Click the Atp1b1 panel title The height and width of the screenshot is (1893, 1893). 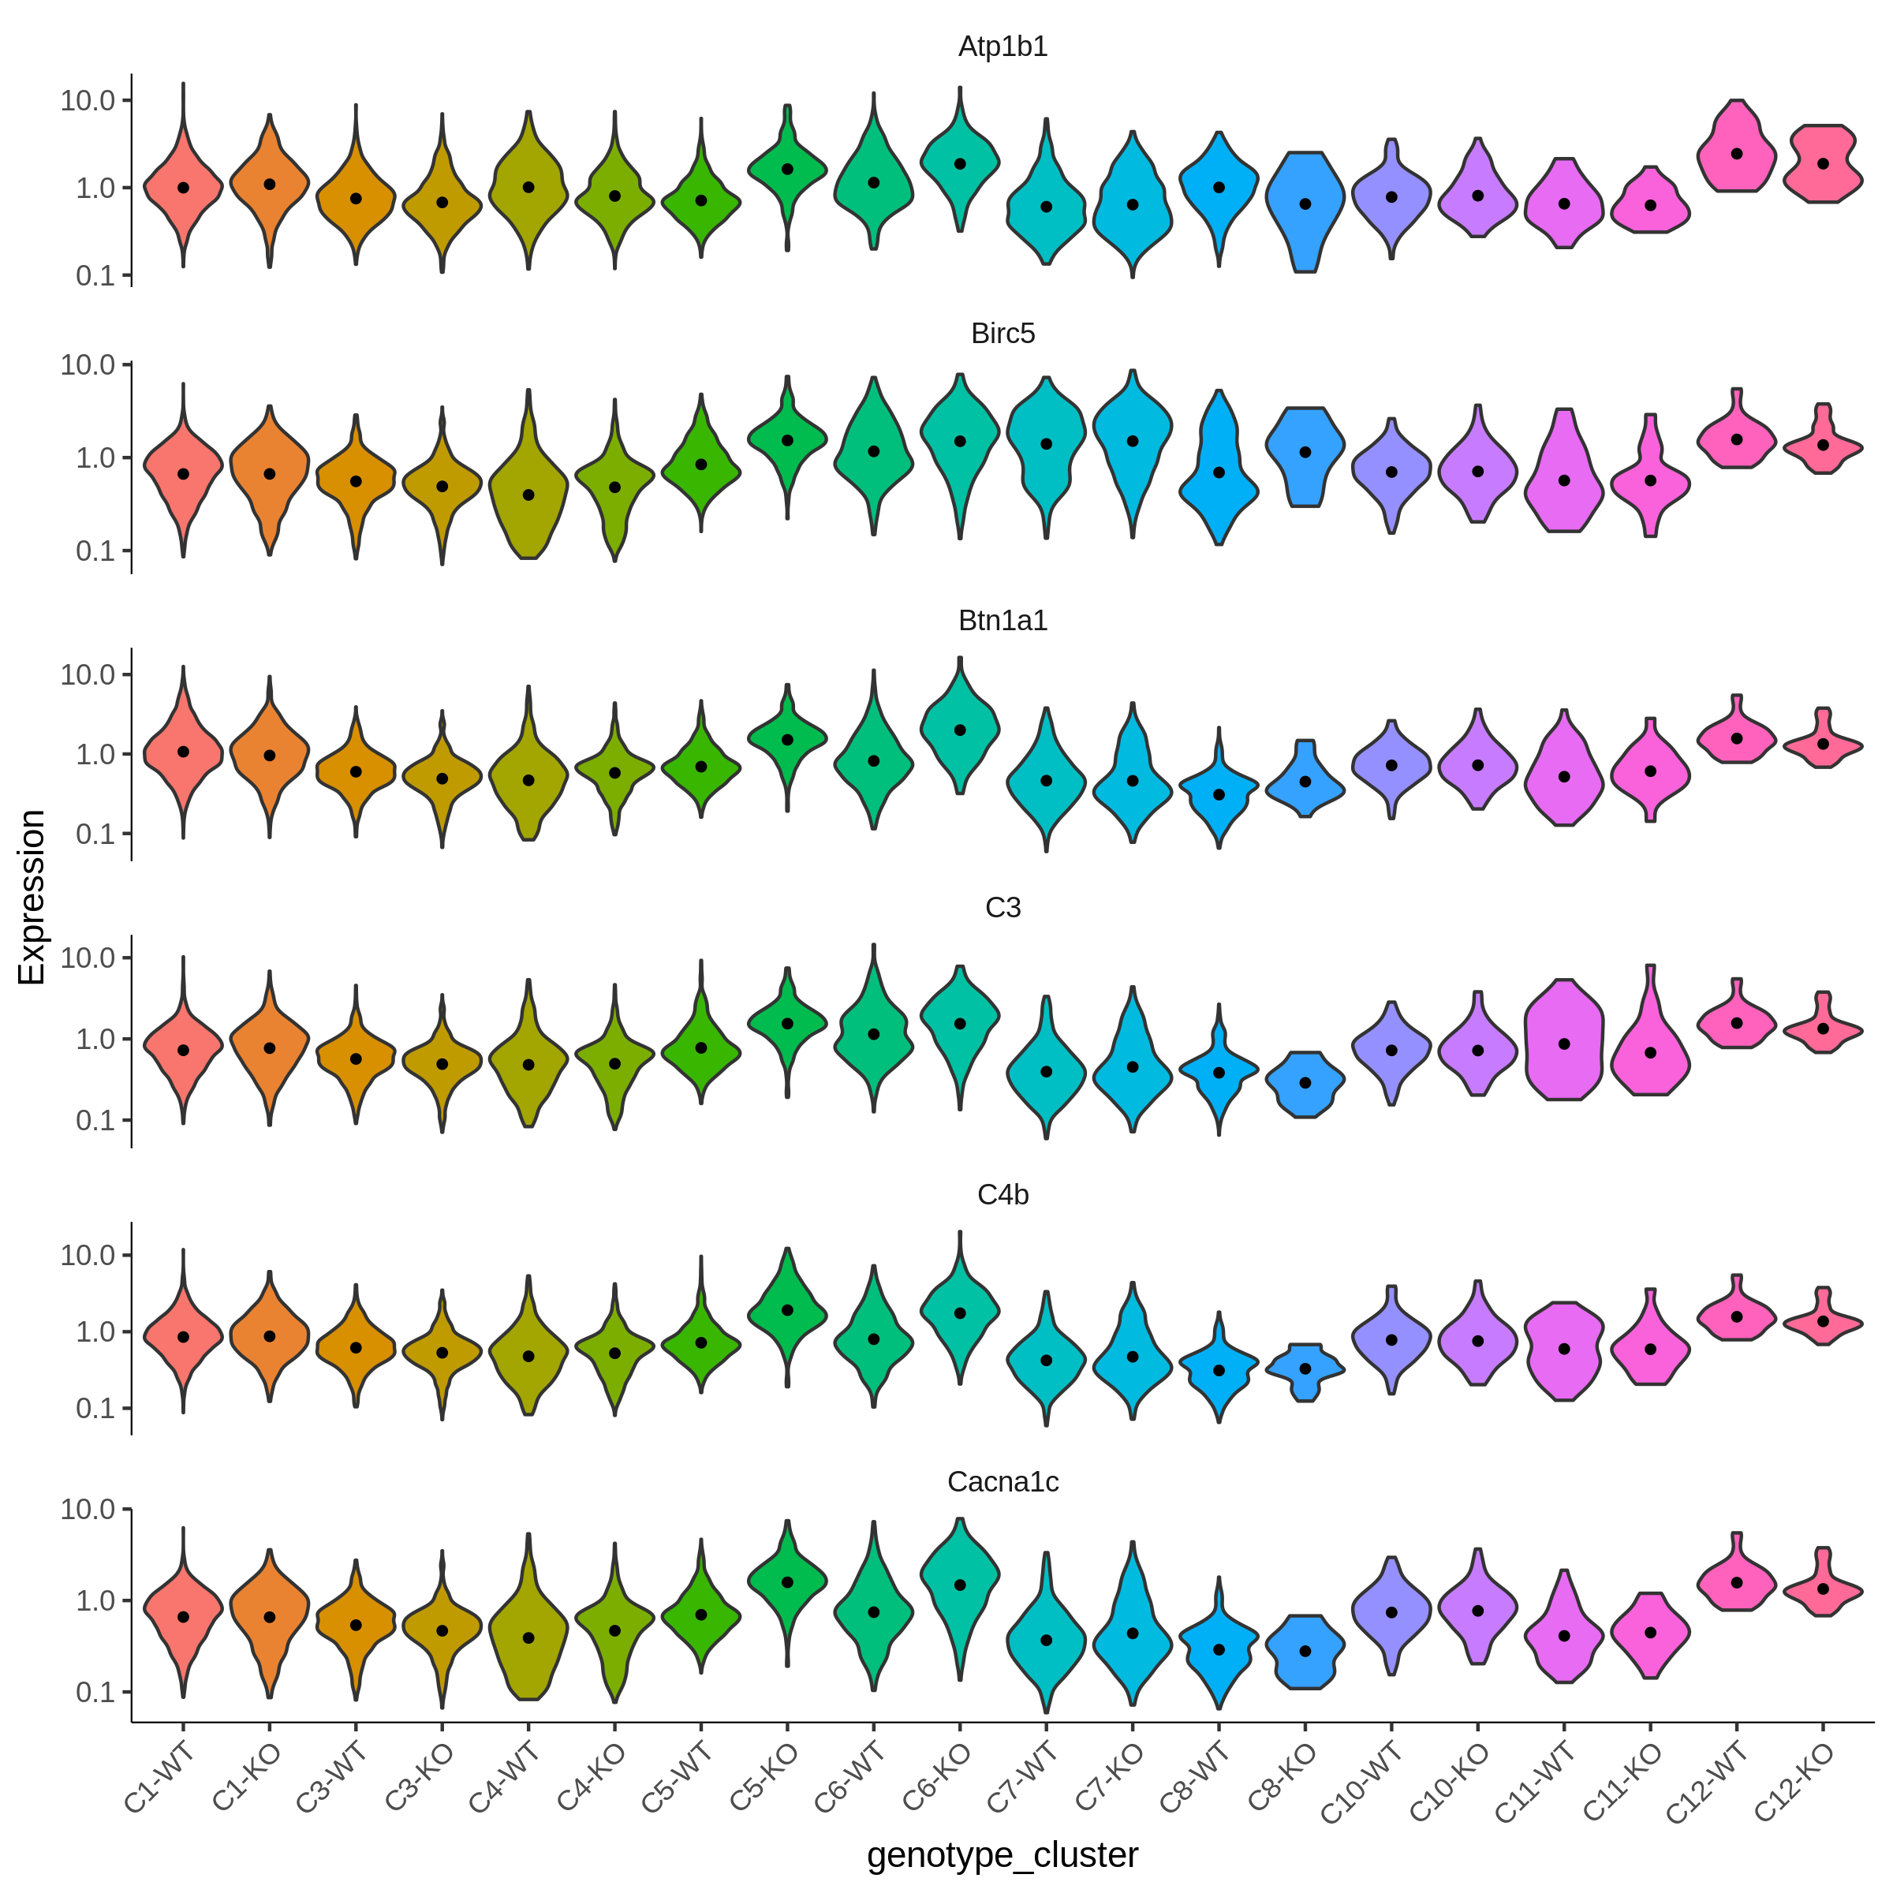(x=1003, y=47)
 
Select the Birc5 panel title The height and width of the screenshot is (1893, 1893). (x=1003, y=334)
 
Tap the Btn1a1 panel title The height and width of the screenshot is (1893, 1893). (x=1003, y=622)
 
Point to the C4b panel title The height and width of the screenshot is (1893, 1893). (x=1003, y=1196)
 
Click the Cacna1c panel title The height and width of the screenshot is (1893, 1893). (x=1003, y=1483)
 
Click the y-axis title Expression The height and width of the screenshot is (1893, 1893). (x=32, y=897)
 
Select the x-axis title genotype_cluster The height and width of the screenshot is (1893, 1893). (x=1003, y=1855)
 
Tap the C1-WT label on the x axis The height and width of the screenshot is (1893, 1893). (x=159, y=1779)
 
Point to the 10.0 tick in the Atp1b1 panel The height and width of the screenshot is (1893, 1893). (x=88, y=100)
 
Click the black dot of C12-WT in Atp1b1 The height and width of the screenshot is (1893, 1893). (x=1736, y=154)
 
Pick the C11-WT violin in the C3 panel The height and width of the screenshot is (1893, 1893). (x=1564, y=1040)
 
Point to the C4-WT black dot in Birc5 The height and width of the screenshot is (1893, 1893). (x=528, y=495)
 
